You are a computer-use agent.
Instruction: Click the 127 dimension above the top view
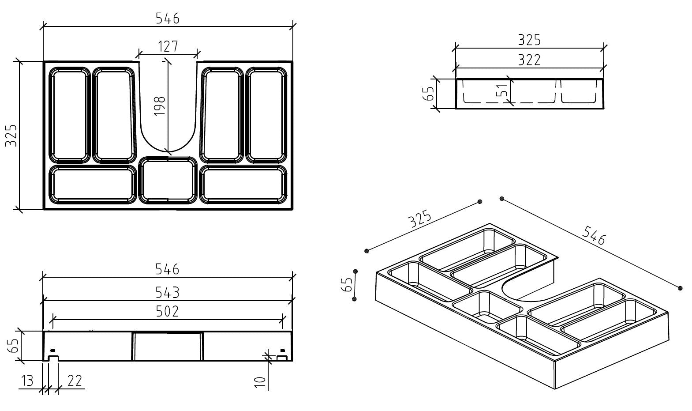click(168, 46)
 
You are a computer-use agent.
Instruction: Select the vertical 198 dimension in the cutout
click(160, 106)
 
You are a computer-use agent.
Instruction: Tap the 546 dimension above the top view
click(168, 19)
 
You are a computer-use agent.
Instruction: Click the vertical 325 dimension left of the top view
click(11, 136)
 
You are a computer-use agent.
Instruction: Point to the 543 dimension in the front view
click(168, 292)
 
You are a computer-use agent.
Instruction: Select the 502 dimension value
click(168, 312)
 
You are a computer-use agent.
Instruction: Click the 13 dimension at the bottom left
click(27, 381)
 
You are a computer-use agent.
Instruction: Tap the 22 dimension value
click(75, 381)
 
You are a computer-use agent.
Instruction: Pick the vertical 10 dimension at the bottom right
click(262, 382)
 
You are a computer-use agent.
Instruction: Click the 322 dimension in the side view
click(529, 60)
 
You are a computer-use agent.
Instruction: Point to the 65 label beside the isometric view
click(348, 285)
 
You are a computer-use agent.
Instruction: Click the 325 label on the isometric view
click(419, 219)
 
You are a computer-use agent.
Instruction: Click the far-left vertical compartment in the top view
click(69, 115)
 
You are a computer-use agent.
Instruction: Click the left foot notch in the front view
click(53, 358)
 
